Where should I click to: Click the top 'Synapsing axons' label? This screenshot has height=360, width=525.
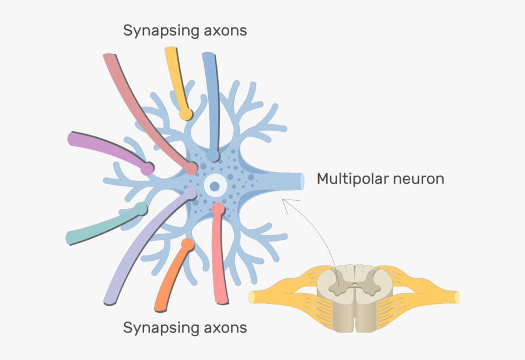pos(184,30)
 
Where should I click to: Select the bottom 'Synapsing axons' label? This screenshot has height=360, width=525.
pos(184,328)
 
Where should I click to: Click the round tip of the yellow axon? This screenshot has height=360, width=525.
pos(185,114)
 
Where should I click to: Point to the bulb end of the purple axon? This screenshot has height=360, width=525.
pos(148,168)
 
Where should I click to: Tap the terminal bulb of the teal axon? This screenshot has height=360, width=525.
pos(141,208)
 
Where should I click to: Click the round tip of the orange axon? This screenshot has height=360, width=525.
pos(187,243)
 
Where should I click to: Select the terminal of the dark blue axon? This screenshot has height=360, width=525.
pos(213,156)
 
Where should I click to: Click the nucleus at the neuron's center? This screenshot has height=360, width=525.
pos(215,186)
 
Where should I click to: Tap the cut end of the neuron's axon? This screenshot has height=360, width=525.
pos(302,181)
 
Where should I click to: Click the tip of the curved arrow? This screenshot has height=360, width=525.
pos(283,200)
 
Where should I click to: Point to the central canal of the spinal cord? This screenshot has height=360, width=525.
pos(354,286)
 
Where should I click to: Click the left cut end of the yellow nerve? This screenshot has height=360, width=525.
pos(252,296)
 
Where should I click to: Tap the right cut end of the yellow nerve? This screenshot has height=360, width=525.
pos(457,296)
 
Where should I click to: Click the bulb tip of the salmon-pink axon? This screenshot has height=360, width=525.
pos(218,207)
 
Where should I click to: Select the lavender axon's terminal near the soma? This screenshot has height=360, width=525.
pos(191,192)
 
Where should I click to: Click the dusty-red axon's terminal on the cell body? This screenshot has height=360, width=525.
pos(191,169)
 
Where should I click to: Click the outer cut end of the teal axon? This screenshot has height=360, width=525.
pos(69,237)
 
